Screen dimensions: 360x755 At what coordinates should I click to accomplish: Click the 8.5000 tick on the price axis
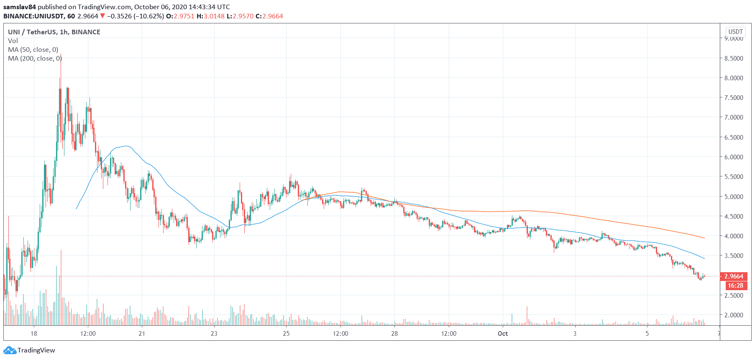[x=734, y=58]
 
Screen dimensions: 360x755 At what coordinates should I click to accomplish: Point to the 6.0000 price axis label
[x=734, y=157]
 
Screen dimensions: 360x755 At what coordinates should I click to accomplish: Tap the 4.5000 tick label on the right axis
[x=734, y=216]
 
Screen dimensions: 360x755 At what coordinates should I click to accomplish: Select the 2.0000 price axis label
[x=734, y=315]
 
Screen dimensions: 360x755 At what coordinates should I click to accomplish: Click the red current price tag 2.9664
[x=734, y=276]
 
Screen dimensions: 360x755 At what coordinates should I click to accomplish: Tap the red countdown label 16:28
[x=735, y=286]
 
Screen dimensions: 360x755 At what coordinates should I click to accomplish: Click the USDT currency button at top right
[x=735, y=32]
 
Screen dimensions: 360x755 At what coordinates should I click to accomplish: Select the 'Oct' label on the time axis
[x=503, y=333]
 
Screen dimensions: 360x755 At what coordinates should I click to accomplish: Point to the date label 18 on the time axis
[x=34, y=333]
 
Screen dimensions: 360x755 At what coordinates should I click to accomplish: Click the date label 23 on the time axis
[x=214, y=333]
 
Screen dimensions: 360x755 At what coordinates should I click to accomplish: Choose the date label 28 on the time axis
[x=394, y=333]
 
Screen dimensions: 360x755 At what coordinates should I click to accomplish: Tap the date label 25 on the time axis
[x=286, y=333]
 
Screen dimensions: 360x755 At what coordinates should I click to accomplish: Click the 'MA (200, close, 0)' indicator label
[x=35, y=59]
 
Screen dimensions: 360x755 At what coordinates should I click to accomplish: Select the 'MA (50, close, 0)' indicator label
[x=33, y=50]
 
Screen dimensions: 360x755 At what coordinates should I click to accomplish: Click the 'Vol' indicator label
[x=13, y=41]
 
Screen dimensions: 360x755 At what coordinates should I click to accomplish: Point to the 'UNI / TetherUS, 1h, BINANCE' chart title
[x=54, y=32]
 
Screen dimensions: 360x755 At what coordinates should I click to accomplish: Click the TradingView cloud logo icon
[x=10, y=350]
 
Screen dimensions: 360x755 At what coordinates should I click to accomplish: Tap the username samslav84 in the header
[x=20, y=7]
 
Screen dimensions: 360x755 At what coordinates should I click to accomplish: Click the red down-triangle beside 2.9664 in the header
[x=102, y=16]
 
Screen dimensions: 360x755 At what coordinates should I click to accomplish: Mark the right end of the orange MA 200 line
[x=704, y=238]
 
